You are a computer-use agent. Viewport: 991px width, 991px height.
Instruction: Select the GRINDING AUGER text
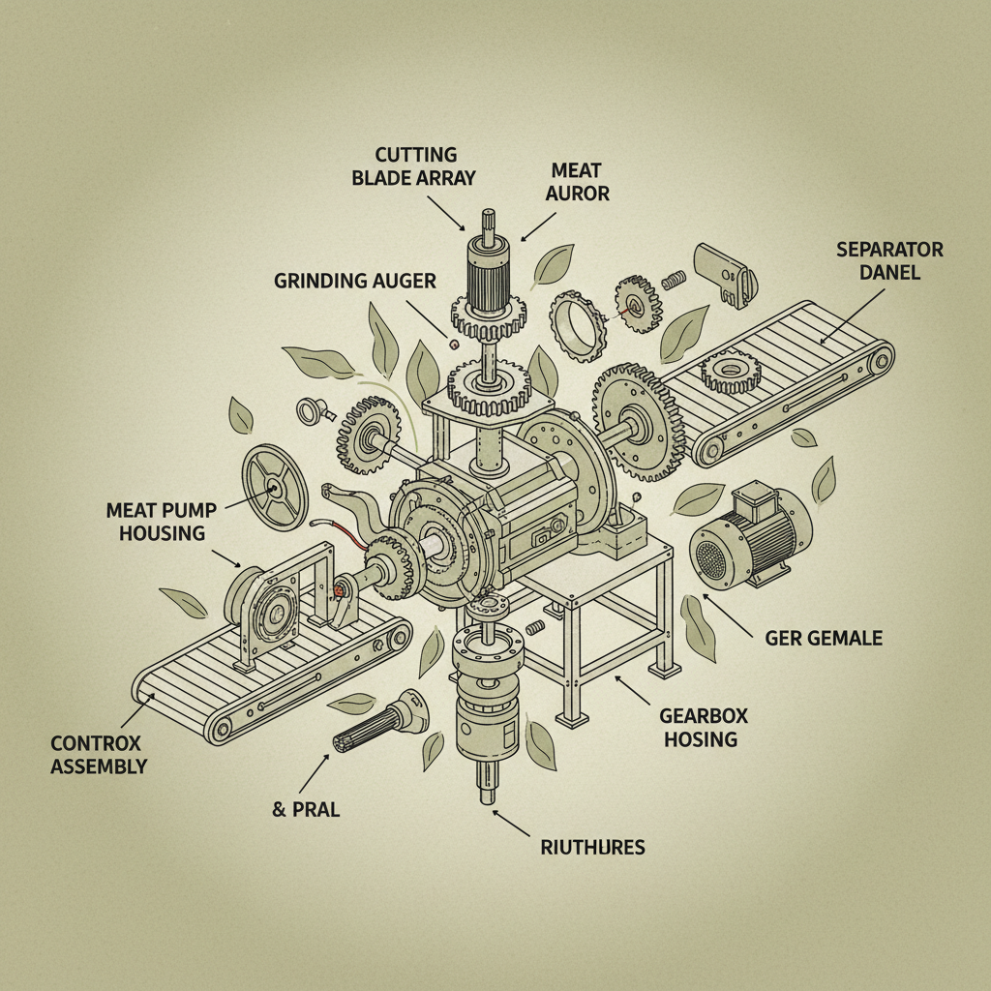[356, 282]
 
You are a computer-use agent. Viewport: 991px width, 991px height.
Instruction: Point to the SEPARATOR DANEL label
[889, 261]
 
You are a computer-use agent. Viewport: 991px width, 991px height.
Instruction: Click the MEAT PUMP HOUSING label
[156, 521]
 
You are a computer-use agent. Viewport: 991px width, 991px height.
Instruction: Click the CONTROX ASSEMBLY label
[98, 755]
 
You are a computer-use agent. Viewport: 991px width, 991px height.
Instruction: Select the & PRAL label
[306, 809]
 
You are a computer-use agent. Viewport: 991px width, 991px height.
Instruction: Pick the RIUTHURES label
[591, 848]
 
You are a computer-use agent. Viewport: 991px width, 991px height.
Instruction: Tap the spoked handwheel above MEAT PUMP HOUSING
[275, 488]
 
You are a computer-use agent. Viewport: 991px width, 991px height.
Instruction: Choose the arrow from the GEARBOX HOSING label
[630, 689]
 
